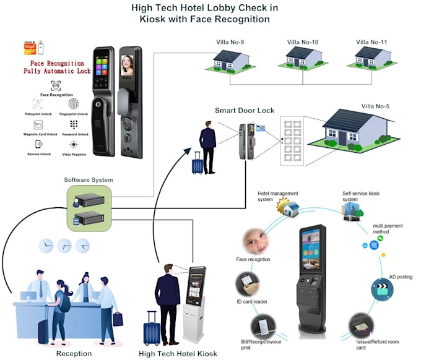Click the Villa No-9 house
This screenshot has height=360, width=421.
pyautogui.click(x=231, y=59)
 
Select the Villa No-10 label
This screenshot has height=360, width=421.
pyautogui.click(x=303, y=42)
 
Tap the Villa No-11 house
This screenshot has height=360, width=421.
pyautogui.click(x=373, y=59)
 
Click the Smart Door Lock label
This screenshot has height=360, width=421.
pyautogui.click(x=244, y=110)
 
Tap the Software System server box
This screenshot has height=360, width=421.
pyautogui.click(x=89, y=207)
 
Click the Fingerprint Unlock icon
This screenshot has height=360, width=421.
pyautogui.click(x=73, y=103)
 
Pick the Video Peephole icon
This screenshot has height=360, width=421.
pyautogui.click(x=73, y=144)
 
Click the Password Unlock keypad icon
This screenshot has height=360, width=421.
pyautogui.click(x=73, y=124)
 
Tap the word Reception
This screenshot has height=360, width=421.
pyautogui.click(x=74, y=353)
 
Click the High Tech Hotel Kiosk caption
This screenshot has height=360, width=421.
pyautogui.click(x=178, y=353)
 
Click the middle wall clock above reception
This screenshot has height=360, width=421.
pyautogui.click(x=64, y=246)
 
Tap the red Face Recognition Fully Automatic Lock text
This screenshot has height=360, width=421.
pyautogui.click(x=57, y=67)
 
